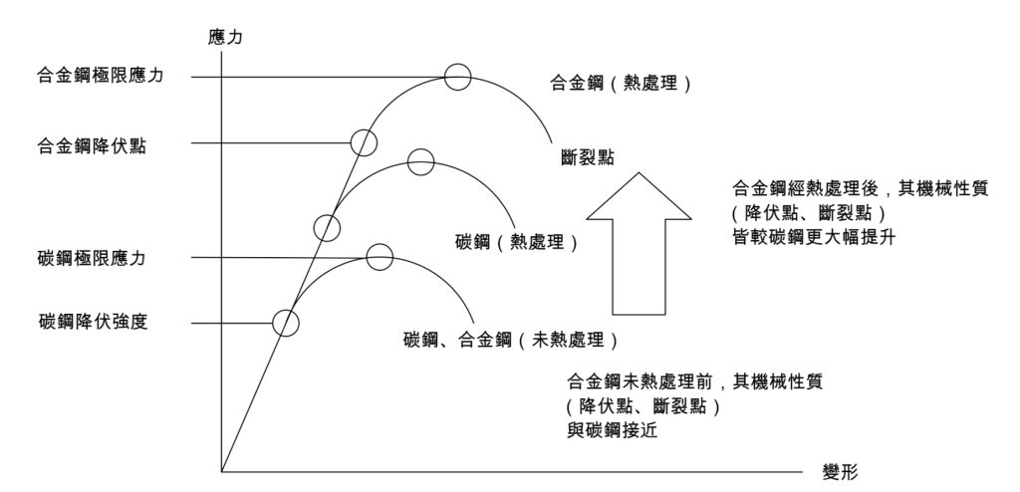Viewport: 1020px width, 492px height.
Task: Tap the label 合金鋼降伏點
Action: coord(88,144)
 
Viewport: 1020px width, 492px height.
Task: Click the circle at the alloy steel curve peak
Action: coord(457,77)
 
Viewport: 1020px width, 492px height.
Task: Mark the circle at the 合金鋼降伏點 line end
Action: coord(365,142)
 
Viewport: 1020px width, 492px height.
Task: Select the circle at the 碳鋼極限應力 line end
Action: coord(380,257)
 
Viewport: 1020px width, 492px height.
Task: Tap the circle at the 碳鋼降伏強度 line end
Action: coord(286,322)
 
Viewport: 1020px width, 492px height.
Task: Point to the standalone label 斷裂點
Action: coord(587,157)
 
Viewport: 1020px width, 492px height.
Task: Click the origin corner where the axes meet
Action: coord(223,470)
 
